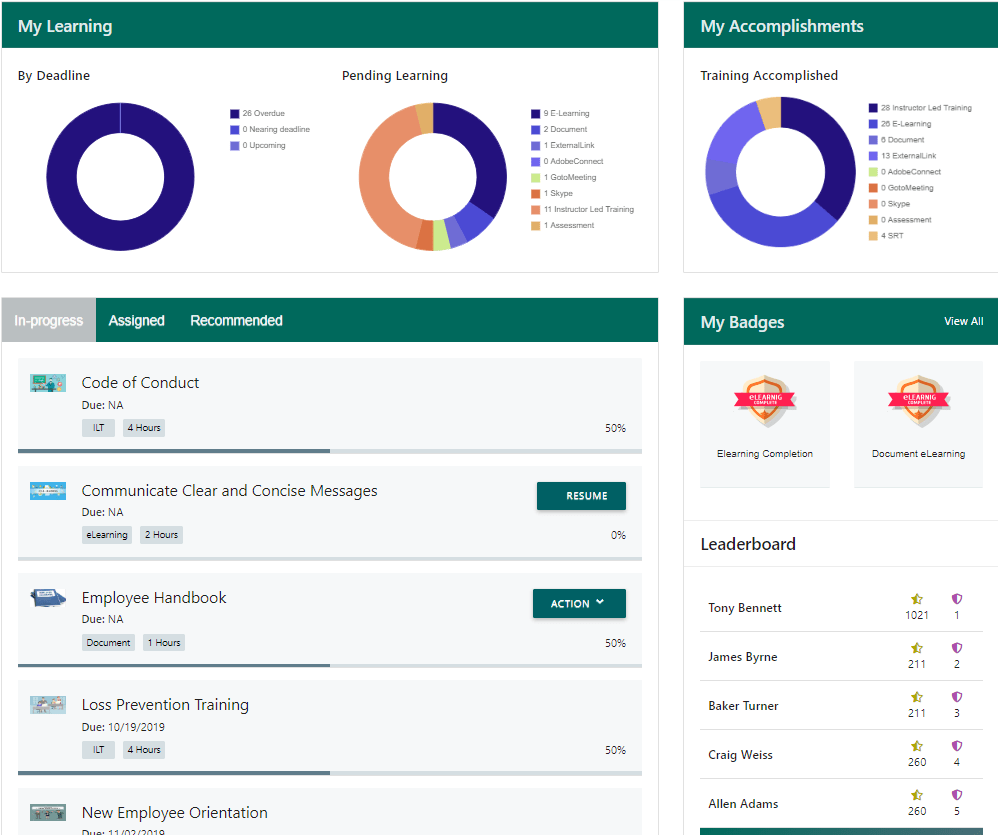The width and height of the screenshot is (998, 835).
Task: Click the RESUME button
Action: point(581,496)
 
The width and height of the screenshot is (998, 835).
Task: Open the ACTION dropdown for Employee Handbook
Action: point(579,603)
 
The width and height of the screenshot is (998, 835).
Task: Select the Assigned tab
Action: point(136,321)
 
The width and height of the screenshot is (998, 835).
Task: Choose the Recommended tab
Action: point(236,321)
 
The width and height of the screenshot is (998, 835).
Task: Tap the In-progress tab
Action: point(49,321)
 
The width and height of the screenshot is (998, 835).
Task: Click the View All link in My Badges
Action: point(963,321)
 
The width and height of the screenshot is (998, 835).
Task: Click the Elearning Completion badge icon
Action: point(765,400)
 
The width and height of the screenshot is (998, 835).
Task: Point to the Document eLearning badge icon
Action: point(918,400)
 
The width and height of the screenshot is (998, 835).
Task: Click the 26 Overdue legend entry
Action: point(263,114)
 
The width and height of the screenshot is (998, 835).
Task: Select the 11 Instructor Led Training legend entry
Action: point(588,210)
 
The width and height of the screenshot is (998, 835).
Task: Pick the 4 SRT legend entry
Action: point(891,236)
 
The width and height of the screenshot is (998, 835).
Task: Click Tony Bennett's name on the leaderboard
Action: point(745,608)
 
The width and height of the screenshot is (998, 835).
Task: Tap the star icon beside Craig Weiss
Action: point(917,746)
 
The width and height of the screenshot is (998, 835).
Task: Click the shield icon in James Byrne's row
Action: point(957,648)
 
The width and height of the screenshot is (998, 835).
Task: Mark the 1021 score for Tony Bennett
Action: point(917,616)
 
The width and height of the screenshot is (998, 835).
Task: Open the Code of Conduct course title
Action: point(140,383)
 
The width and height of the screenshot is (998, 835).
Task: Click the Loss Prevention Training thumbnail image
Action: point(48,705)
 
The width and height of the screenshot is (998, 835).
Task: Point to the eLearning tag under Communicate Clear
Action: point(107,535)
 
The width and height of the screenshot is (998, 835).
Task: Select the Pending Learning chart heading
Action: point(395,76)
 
